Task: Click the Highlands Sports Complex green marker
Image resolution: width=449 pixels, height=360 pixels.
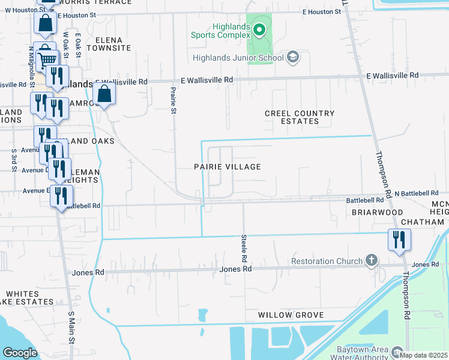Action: point(259,29)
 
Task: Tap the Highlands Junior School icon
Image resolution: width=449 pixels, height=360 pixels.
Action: point(293,58)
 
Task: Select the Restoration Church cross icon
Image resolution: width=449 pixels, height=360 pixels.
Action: point(372,260)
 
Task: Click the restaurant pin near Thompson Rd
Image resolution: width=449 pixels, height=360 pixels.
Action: point(399,240)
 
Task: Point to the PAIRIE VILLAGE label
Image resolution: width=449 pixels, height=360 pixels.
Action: point(227,167)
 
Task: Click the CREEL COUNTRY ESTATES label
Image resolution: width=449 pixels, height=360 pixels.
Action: point(300,117)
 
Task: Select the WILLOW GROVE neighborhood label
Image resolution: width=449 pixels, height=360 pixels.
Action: point(291,315)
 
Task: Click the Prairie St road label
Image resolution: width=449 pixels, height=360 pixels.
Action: point(173,100)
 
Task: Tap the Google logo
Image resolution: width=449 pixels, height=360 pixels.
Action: point(20,353)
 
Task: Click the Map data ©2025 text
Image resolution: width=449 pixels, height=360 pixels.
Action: point(424,355)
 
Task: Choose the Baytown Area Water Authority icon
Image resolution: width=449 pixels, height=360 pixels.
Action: point(397,351)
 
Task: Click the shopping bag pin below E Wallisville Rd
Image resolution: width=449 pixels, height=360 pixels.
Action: point(104,94)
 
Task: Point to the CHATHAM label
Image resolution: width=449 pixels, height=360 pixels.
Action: point(422,222)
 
